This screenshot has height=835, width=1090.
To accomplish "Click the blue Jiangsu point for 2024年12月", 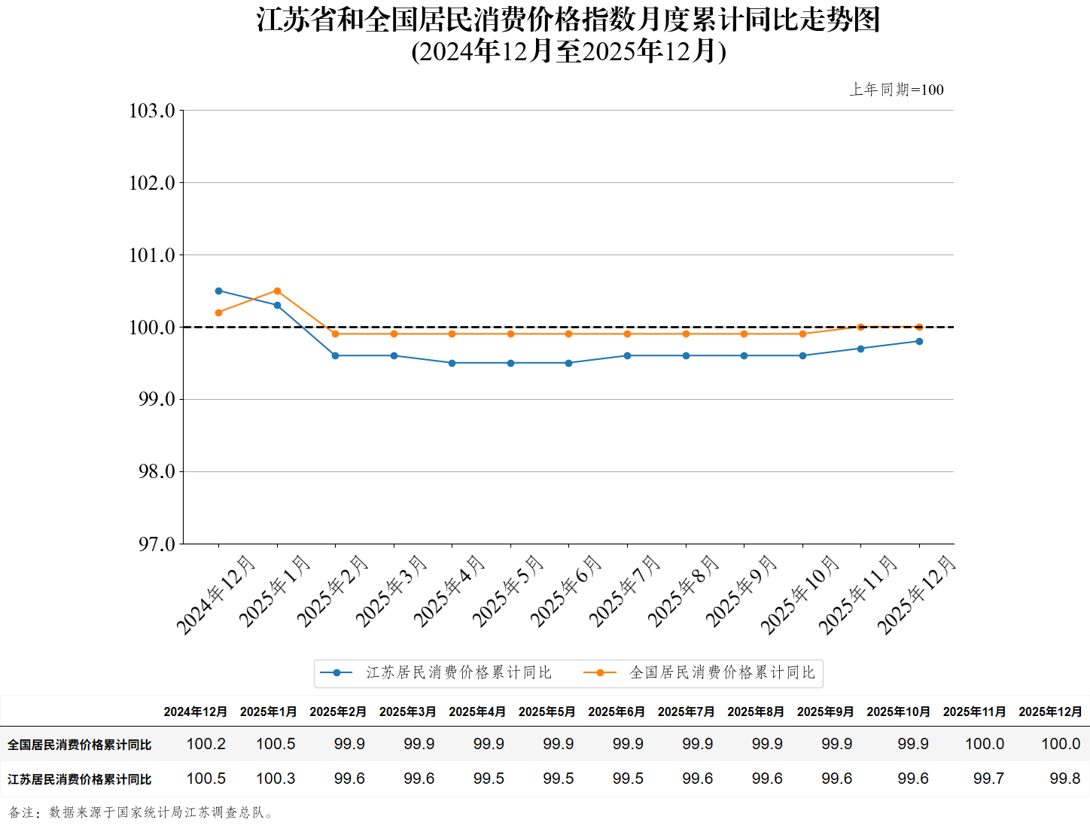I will click(x=219, y=291).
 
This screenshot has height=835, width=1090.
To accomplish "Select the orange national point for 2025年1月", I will click(x=277, y=291).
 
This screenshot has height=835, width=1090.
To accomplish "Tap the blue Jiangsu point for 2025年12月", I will click(x=919, y=341).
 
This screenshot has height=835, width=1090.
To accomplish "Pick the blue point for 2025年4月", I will click(x=452, y=363).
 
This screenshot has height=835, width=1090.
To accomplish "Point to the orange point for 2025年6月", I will click(x=569, y=334).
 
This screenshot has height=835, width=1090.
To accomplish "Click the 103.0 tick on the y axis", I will click(x=152, y=111).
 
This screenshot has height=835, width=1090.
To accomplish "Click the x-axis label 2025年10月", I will click(x=799, y=594).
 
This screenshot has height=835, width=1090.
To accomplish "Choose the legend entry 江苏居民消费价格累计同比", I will click(x=458, y=672).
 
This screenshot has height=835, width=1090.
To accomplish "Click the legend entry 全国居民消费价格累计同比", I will click(x=722, y=672).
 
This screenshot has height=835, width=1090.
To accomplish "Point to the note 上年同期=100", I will click(x=897, y=90).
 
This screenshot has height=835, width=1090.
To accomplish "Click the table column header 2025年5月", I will click(x=547, y=712).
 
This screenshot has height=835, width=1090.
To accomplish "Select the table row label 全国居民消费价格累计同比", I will click(x=80, y=745).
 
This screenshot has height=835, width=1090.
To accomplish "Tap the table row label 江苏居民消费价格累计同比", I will click(x=80, y=779).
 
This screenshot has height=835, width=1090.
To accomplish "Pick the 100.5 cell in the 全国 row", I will click(x=276, y=744).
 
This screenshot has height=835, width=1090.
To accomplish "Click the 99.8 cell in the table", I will click(x=1064, y=779).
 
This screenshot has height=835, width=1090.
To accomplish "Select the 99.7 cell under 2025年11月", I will click(x=988, y=779).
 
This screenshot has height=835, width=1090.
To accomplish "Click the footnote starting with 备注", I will click(x=142, y=812).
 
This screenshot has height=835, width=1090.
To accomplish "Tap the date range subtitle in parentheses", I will click(x=568, y=51).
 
